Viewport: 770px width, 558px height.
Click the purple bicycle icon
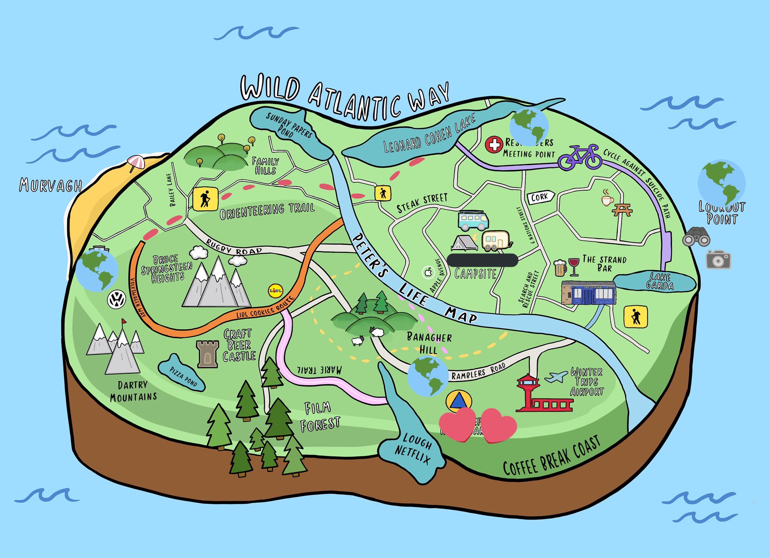[580, 157]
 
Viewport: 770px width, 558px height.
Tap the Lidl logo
[275, 291]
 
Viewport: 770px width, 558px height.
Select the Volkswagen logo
[117, 300]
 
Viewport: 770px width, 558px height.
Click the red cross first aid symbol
[494, 144]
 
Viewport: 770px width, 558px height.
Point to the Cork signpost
[541, 197]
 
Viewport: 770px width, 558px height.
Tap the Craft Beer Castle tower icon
[208, 354]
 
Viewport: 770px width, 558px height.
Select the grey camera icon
[718, 259]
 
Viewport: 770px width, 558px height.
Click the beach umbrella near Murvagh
[135, 162]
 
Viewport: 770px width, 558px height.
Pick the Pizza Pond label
[183, 376]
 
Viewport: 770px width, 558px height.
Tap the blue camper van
[473, 220]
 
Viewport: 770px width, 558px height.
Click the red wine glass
[574, 266]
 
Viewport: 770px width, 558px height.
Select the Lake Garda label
[659, 281]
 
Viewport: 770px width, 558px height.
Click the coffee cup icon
[607, 198]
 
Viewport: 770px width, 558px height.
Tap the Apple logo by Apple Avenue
[428, 272]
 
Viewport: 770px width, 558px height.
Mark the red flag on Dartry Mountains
[124, 321]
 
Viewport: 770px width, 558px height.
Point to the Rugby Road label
[234, 248]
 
